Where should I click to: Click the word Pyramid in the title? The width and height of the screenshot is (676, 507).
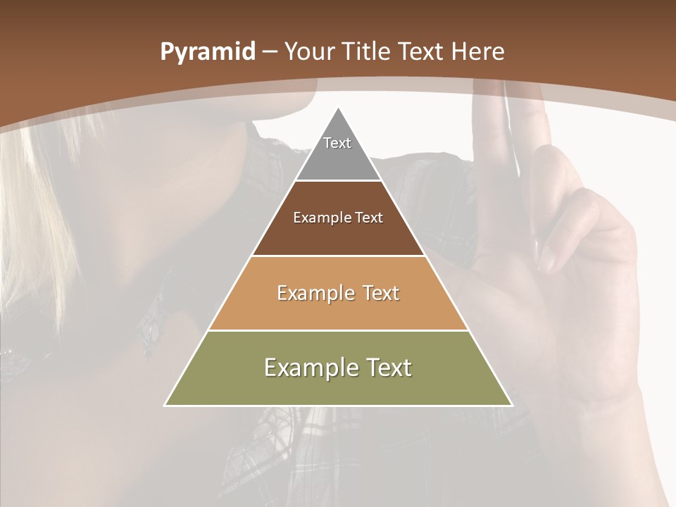pos(208,52)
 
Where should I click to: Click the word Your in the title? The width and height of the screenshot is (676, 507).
pos(308,52)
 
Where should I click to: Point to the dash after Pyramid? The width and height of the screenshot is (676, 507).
pos(269,52)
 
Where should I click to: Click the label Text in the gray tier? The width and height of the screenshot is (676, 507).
pos(337,143)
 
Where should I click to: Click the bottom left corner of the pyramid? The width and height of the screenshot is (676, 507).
pos(165,405)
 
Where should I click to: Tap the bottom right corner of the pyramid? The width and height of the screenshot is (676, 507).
pos(511,405)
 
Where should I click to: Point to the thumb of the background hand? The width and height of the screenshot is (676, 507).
pos(563,232)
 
